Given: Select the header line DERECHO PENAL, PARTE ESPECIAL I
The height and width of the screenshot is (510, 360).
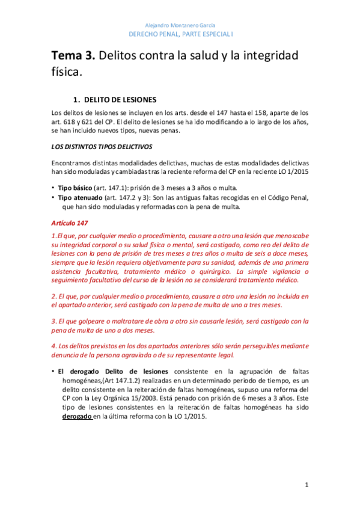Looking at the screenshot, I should coord(180,35).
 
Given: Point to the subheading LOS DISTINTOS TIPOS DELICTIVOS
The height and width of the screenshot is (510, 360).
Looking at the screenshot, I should coord(102,146).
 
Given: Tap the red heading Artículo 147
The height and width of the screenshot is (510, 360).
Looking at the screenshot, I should coord(70,223).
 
